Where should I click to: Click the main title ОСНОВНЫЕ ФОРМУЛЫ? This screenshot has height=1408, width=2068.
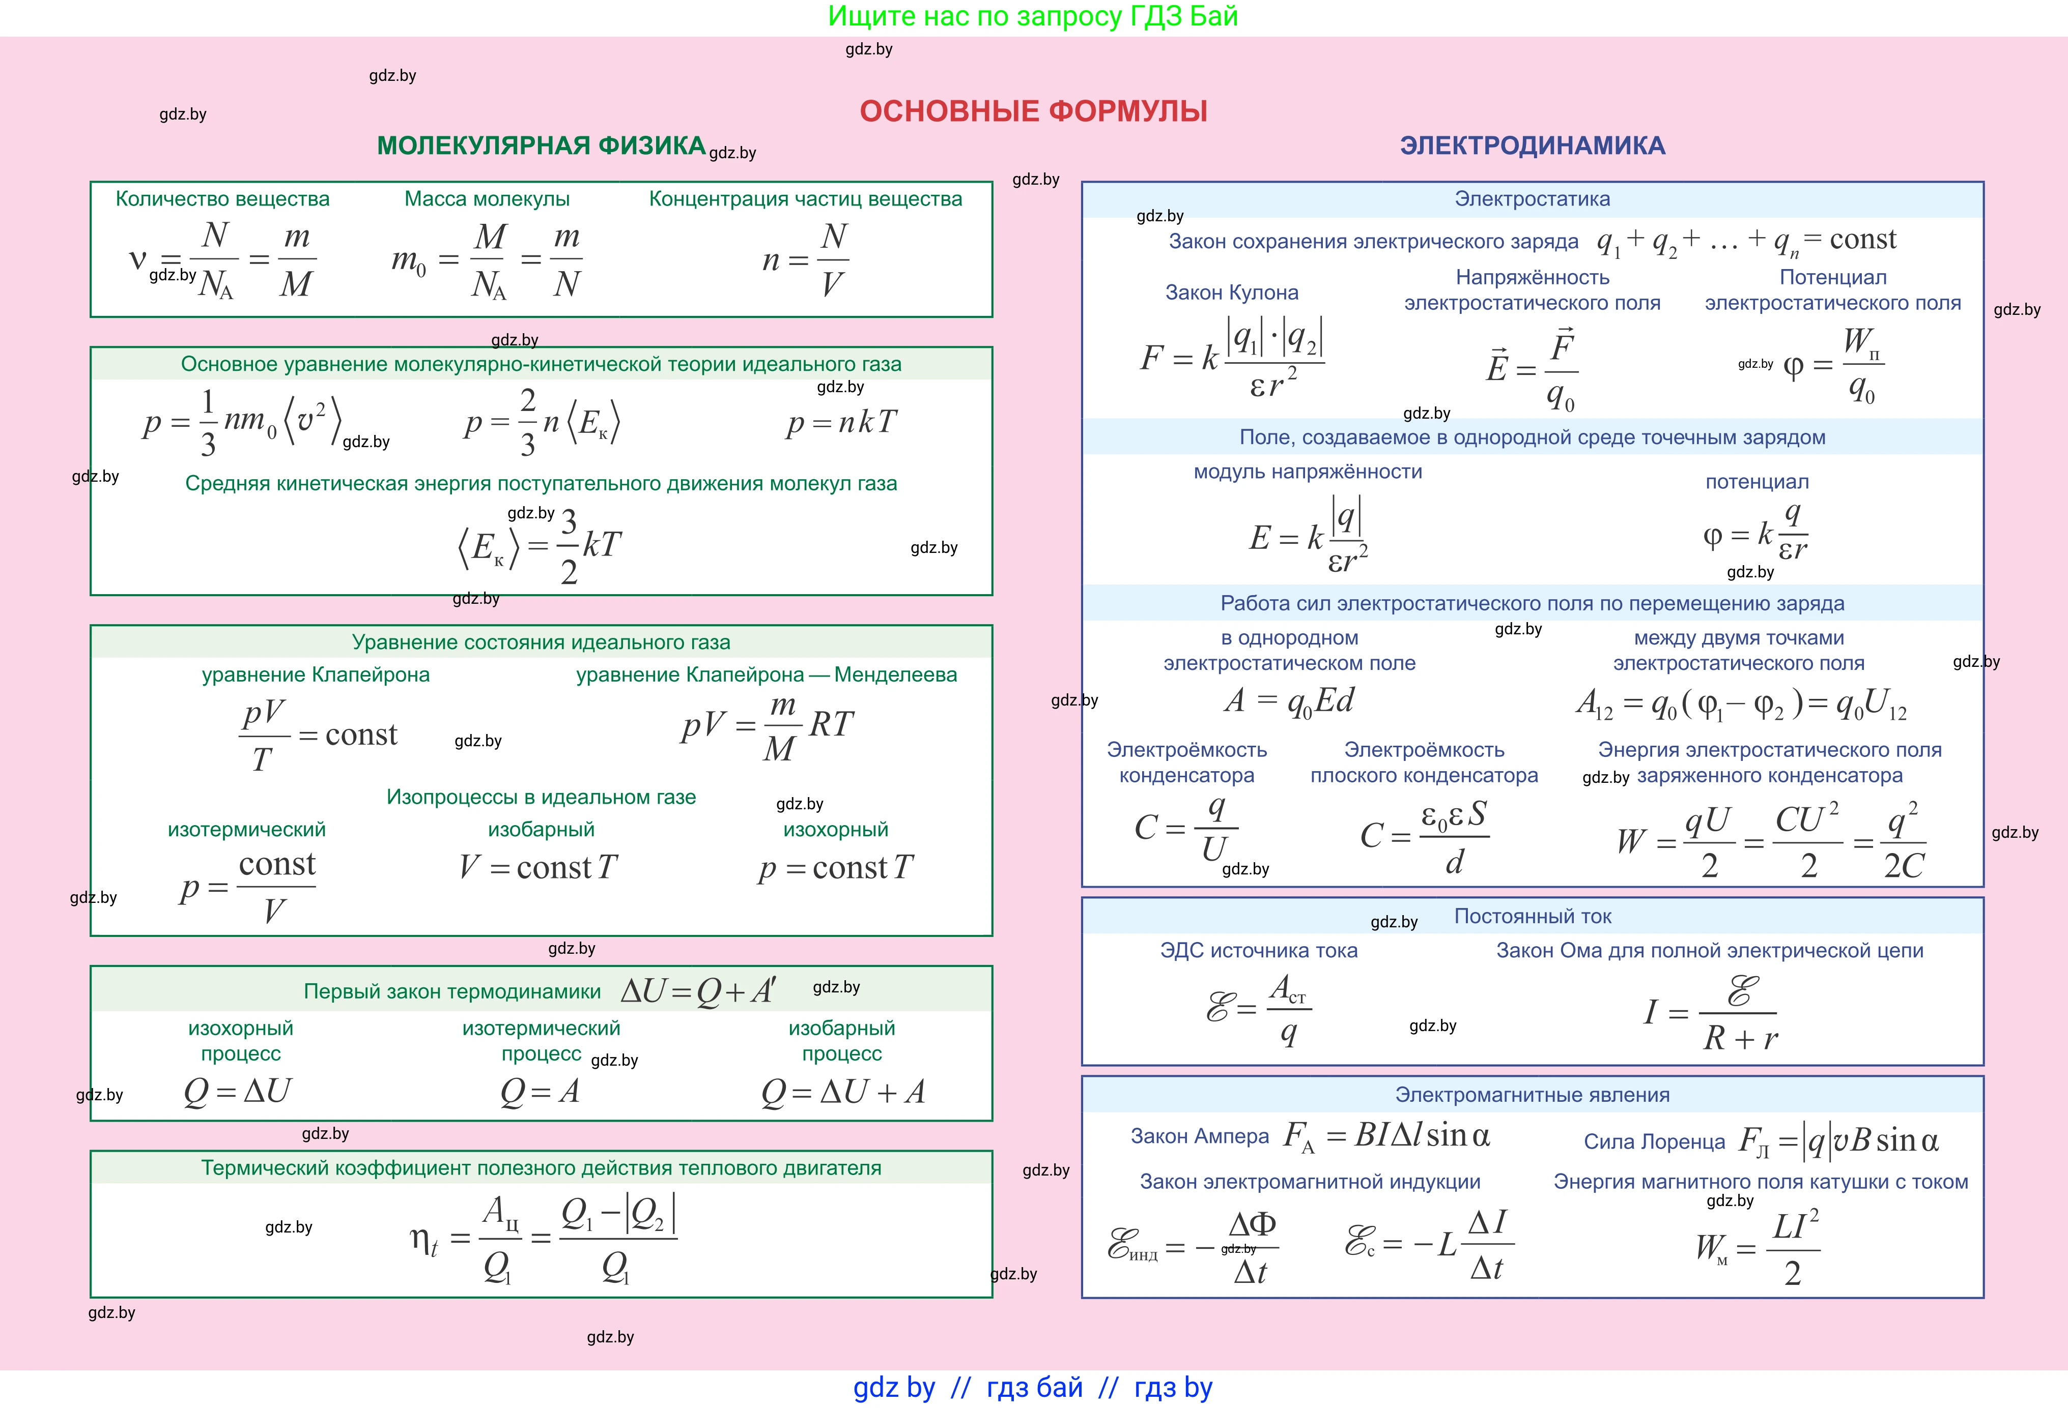coord(1033,111)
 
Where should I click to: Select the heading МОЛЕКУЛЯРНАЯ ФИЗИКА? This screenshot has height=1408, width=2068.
coord(541,145)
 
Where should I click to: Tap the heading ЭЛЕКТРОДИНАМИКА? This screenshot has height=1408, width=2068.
coord(1533,145)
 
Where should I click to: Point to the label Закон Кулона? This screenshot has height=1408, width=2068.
coord(1232,292)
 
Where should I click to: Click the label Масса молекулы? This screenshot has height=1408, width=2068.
coord(487,198)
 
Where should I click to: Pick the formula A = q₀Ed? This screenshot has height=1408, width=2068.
coord(1289,701)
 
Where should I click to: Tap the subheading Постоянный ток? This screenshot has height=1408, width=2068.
coord(1533,916)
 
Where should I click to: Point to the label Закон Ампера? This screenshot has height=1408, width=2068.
coord(1200,1136)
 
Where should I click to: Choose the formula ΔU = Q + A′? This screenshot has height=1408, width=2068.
coord(698,990)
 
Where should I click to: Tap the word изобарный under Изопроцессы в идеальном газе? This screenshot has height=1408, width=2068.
coord(541,829)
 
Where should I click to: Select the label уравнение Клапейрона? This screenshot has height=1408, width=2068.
coord(316,674)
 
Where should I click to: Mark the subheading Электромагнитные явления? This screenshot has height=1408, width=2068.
coord(1533,1095)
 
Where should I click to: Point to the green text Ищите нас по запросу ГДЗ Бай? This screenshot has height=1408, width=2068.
coord(1033,16)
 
